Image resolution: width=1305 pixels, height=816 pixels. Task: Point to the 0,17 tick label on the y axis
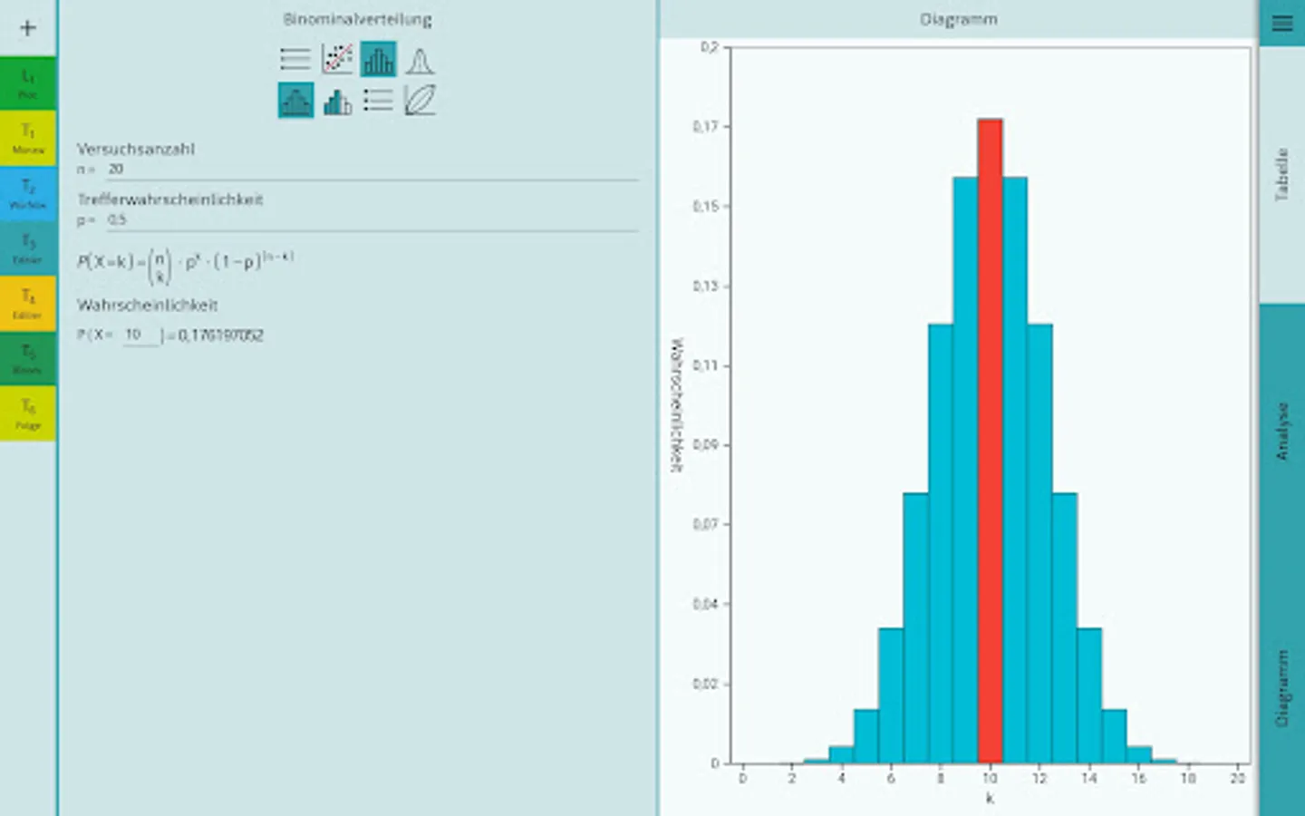(706, 127)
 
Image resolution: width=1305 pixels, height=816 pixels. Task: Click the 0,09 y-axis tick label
(706, 445)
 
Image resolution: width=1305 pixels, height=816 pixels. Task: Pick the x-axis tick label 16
(1138, 778)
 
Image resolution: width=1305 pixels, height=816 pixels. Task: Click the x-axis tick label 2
(792, 778)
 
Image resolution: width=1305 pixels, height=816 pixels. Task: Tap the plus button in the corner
(28, 28)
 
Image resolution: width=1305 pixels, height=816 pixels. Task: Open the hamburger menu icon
(1281, 24)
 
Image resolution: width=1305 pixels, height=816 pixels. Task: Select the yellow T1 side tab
(28, 138)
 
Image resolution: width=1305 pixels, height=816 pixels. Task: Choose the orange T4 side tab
(28, 303)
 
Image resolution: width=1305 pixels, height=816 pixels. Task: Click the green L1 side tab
(28, 83)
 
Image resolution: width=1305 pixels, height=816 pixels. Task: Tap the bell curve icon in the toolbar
(419, 60)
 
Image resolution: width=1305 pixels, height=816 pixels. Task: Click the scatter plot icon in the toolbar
(337, 60)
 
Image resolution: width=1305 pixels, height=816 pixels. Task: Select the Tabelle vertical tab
(1281, 174)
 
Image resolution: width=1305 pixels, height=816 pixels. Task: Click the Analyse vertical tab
(1281, 432)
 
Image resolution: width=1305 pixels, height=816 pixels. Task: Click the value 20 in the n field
(116, 170)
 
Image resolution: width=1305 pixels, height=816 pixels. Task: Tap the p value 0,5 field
(117, 220)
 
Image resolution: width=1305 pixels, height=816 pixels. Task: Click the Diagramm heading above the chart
(958, 19)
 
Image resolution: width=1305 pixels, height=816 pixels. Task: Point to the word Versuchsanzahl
(136, 149)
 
